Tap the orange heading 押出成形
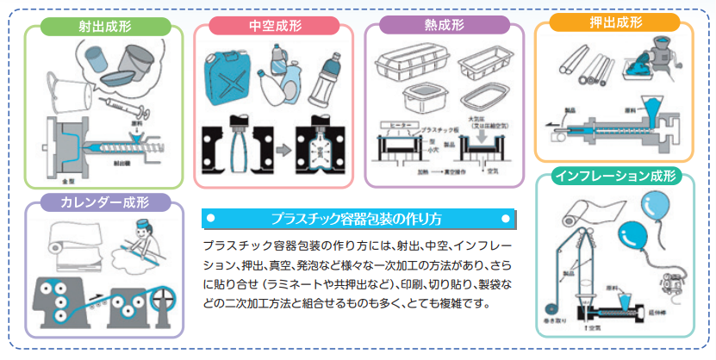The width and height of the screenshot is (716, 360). coord(619,22)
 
